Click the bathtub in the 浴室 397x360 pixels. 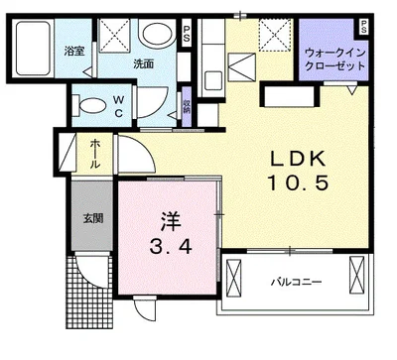[33, 49]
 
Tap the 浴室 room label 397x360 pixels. [73, 52]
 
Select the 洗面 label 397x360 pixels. [144, 63]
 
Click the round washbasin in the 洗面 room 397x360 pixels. [157, 34]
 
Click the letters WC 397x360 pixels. [118, 106]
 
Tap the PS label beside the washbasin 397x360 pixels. [187, 34]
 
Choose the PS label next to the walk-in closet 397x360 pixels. [363, 27]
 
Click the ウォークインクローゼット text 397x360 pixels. [334, 60]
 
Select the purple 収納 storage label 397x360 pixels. [187, 106]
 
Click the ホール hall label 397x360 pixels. [94, 154]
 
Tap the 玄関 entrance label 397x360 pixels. [93, 218]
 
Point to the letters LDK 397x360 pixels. [298, 159]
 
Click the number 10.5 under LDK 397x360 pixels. [299, 182]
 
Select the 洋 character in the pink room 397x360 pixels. [171, 221]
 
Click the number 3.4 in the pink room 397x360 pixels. [171, 246]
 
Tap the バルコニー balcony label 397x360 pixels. [297, 282]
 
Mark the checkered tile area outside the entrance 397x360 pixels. [89, 298]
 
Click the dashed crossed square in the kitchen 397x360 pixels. [275, 35]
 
